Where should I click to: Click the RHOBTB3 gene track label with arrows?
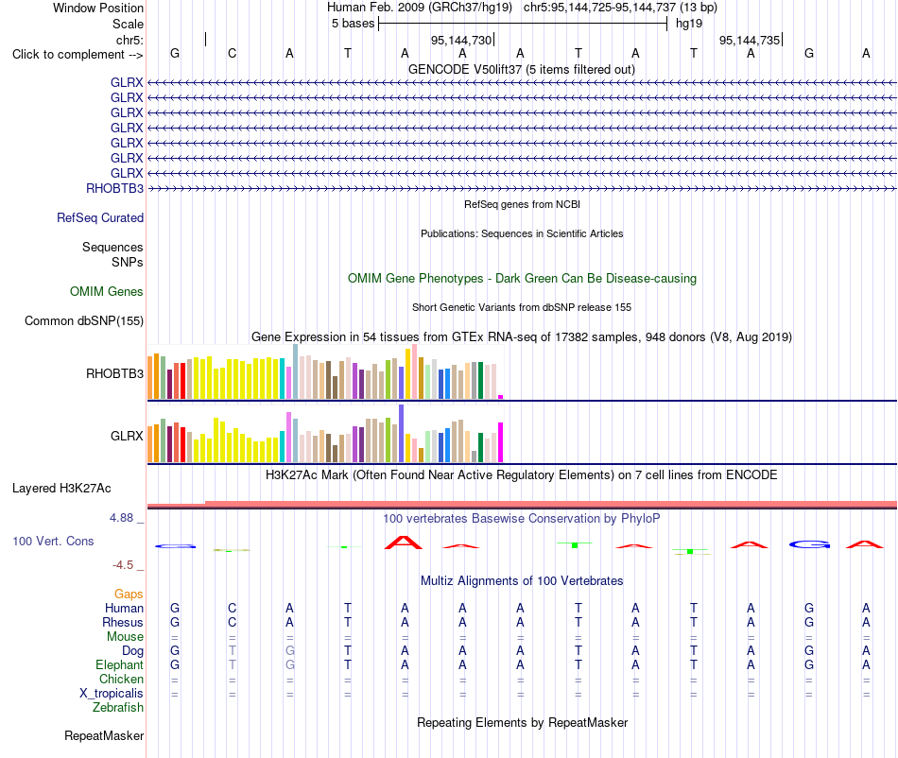[114, 188]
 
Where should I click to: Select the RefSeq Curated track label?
[100, 217]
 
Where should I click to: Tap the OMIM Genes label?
[107, 291]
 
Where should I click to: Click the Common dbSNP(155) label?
[84, 320]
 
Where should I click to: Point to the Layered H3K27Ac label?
[61, 489]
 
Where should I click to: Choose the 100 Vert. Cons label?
[53, 541]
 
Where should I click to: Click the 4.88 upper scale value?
[121, 518]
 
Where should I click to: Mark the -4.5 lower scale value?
[123, 565]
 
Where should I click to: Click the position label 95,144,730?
[461, 40]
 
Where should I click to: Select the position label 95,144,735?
[750, 40]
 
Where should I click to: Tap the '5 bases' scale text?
[353, 24]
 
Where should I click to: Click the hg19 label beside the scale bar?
[689, 24]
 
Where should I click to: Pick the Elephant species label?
[120, 664]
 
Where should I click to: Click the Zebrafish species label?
[118, 707]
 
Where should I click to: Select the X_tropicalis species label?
[112, 694]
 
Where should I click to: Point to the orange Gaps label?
[129, 594]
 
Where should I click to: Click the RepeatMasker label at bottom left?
[104, 735]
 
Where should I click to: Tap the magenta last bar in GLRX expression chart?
[501, 442]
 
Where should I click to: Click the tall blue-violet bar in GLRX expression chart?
[402, 434]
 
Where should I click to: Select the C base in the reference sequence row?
[232, 53]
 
